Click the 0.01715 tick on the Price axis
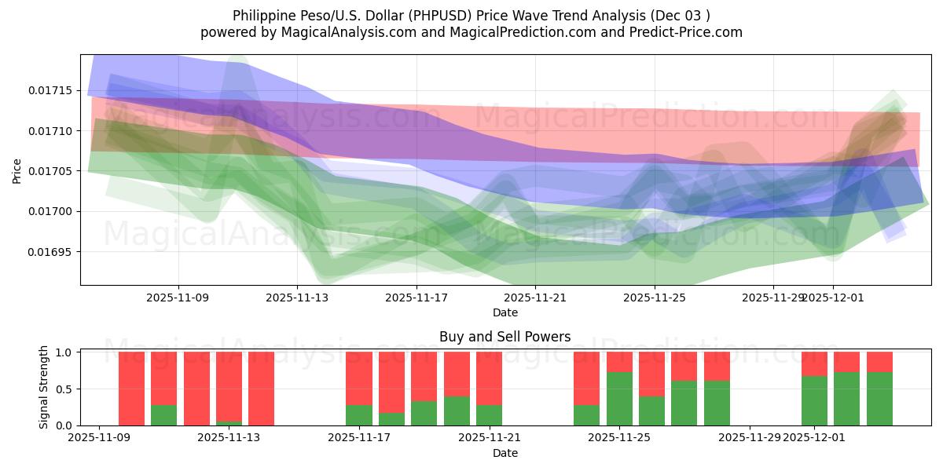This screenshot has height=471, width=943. pyautogui.click(x=52, y=90)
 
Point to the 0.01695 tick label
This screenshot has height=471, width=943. pyautogui.click(x=52, y=252)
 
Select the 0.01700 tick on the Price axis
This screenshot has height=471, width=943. pyautogui.click(x=52, y=211)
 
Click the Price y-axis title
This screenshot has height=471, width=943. pyautogui.click(x=17, y=170)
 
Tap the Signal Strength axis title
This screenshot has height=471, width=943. pyautogui.click(x=44, y=388)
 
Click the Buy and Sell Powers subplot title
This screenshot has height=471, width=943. pyautogui.click(x=505, y=337)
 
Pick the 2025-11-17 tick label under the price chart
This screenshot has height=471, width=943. pyautogui.click(x=416, y=298)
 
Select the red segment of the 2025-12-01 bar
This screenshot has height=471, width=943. pyautogui.click(x=814, y=363)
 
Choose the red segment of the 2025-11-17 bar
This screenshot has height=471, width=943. pyautogui.click(x=359, y=378)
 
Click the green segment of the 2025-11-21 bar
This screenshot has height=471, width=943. pyautogui.click(x=489, y=415)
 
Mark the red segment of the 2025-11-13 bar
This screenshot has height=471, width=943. pyautogui.click(x=229, y=386)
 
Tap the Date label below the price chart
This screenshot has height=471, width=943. pyautogui.click(x=505, y=312)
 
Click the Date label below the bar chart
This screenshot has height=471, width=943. pyautogui.click(x=505, y=453)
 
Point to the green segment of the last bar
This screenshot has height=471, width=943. pyautogui.click(x=879, y=399)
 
